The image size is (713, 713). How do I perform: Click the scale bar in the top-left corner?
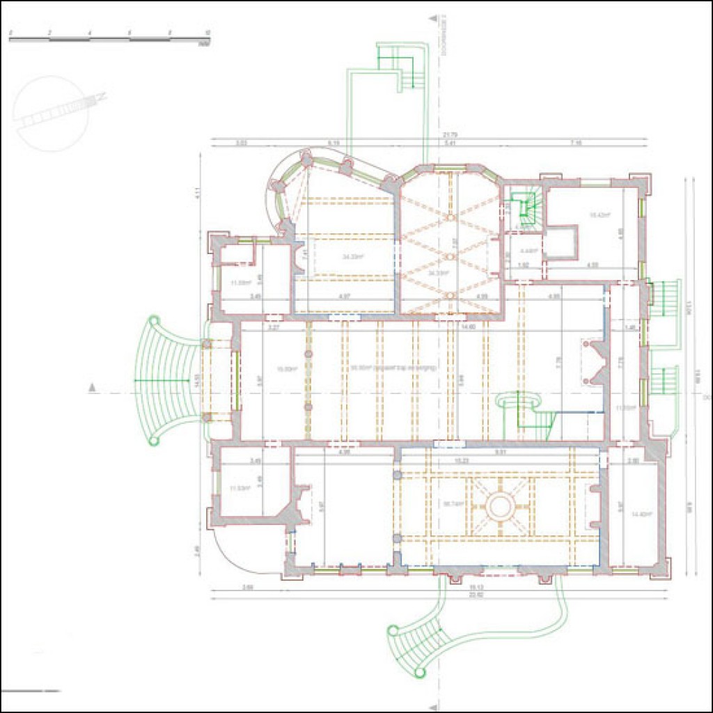click(109, 39)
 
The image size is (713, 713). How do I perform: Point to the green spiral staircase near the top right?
click(526, 209)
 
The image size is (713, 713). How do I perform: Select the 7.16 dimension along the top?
click(575, 143)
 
